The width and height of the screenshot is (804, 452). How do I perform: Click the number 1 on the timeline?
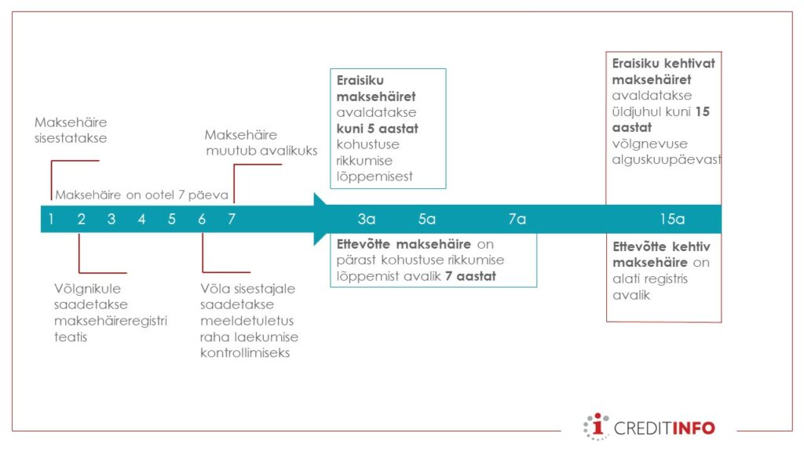tap(51, 220)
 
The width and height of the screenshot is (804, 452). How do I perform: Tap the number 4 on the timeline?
tap(141, 220)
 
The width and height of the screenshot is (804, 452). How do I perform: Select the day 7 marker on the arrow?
tap(232, 220)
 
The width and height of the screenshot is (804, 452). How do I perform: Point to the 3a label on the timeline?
tap(367, 220)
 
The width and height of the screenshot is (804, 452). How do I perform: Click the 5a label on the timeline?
tap(426, 220)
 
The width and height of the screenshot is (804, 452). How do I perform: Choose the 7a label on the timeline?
tap(517, 220)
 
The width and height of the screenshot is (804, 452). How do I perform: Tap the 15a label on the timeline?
tap(672, 220)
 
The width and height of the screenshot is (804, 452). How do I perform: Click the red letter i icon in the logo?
tap(598, 427)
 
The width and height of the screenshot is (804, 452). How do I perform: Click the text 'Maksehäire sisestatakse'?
tap(71, 130)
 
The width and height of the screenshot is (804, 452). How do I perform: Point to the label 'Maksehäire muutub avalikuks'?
tap(261, 143)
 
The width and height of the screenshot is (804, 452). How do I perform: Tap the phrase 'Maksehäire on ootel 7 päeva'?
tap(141, 195)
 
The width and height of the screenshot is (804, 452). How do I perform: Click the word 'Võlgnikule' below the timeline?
tap(88, 289)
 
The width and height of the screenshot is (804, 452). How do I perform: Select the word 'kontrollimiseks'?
tap(245, 353)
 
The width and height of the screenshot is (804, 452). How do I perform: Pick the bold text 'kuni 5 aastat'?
tap(378, 129)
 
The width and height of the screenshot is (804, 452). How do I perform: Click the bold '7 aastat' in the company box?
tap(471, 277)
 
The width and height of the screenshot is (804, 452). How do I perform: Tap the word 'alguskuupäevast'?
tap(667, 160)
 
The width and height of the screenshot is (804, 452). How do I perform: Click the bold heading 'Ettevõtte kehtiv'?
tap(661, 247)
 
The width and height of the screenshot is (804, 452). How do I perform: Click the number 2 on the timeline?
tap(81, 220)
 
